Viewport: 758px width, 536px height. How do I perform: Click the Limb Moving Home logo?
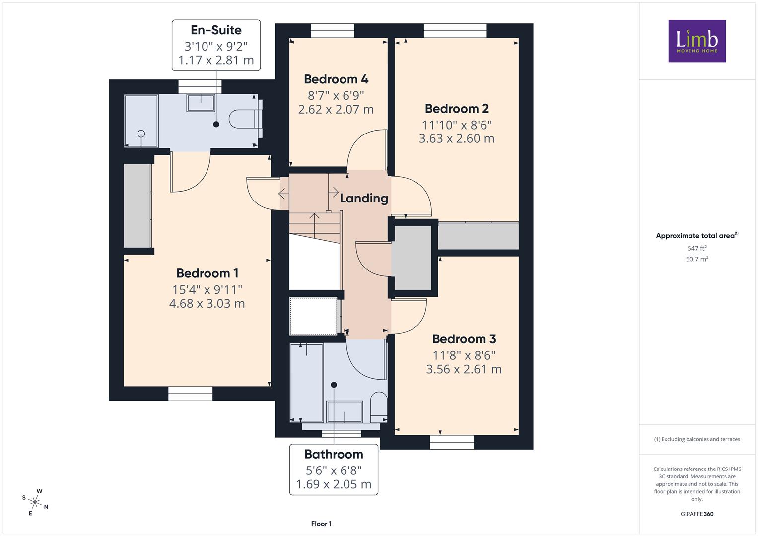click(x=697, y=41)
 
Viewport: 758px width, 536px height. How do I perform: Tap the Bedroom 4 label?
click(x=336, y=79)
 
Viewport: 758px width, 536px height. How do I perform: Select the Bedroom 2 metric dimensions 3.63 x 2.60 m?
click(x=457, y=138)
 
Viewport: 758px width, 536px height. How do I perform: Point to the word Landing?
click(x=364, y=198)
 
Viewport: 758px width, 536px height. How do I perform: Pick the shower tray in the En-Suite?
click(x=141, y=121)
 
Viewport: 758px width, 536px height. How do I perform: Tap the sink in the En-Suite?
click(x=201, y=103)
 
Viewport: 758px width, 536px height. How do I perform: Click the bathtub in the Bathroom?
click(x=307, y=383)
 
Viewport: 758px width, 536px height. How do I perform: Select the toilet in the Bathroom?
click(x=379, y=407)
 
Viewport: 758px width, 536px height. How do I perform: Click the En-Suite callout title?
click(x=216, y=30)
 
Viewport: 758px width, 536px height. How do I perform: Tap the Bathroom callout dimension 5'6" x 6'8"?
click(x=334, y=470)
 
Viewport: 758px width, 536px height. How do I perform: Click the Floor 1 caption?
click(x=321, y=524)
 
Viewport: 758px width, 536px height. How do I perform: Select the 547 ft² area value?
click(x=697, y=248)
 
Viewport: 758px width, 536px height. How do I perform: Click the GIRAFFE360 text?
click(x=697, y=514)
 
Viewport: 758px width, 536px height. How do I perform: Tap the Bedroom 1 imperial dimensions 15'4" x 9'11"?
click(x=207, y=290)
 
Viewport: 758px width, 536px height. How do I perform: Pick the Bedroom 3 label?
click(x=464, y=338)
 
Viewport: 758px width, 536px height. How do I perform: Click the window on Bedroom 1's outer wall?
click(x=191, y=394)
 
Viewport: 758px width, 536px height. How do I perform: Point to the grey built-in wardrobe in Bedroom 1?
click(x=138, y=206)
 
